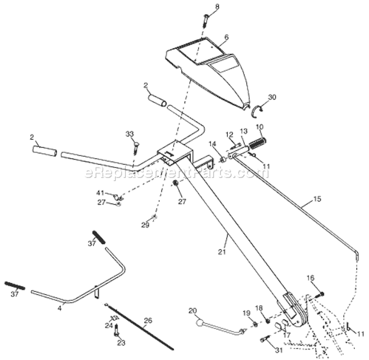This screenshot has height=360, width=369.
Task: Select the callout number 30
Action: coord(272,97)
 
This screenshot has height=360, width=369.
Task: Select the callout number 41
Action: coord(100,193)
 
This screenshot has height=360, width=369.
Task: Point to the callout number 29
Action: coord(145,225)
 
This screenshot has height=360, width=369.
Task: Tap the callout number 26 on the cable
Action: coord(147,321)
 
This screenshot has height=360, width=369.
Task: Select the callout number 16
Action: coord(310,278)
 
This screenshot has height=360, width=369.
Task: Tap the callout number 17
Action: coord(286,335)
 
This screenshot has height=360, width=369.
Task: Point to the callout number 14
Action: coord(213,144)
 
